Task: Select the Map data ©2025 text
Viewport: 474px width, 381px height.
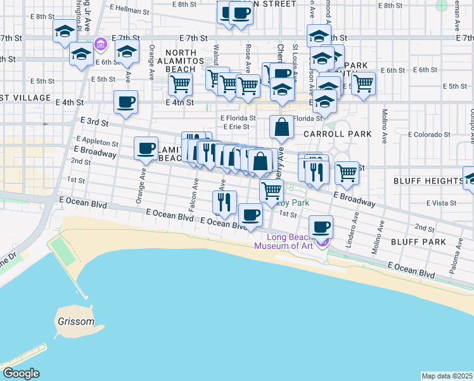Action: click(447, 376)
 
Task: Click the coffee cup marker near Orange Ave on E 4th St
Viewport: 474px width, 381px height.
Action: click(125, 102)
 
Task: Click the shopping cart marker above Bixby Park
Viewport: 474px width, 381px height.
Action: click(271, 190)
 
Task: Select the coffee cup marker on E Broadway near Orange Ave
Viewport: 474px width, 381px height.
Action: click(146, 148)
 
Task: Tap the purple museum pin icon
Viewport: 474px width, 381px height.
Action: click(323, 241)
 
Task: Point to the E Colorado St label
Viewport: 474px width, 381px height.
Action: click(428, 135)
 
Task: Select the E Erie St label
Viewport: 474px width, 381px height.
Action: click(235, 126)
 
